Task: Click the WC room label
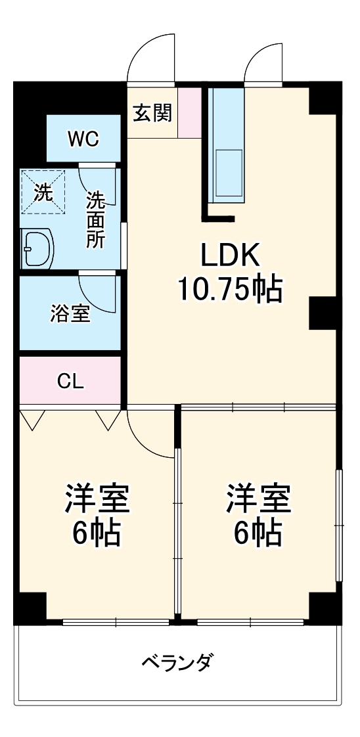pos(83,139)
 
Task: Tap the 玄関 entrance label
pos(153,114)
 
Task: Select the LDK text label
pos(231,254)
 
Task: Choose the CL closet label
pos(71,382)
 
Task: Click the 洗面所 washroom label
pos(97,219)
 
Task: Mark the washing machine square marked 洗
pos(43,192)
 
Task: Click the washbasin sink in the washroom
pos(38,248)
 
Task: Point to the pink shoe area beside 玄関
pos(190,113)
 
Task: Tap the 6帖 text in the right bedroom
pos(259,533)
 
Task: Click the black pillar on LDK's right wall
pos(323,312)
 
